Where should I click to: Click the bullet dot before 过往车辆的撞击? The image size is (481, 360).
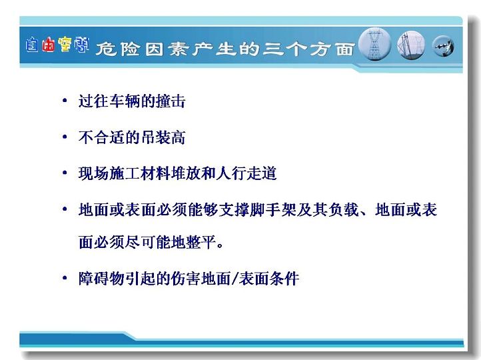pyautogui.click(x=65, y=100)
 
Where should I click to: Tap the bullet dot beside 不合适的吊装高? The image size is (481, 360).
pyautogui.click(x=65, y=137)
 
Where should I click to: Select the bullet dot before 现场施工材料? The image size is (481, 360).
pyautogui.click(x=65, y=173)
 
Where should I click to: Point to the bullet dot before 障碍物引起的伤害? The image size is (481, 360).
pyautogui.click(x=65, y=278)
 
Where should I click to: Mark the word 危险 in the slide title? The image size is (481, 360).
pyautogui.click(x=118, y=49)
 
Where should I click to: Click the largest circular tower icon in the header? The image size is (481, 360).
pyautogui.click(x=374, y=44)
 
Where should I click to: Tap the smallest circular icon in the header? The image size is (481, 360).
pyautogui.click(x=443, y=47)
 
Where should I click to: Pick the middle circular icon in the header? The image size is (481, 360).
pyautogui.click(x=411, y=45)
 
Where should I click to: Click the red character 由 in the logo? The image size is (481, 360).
pyautogui.click(x=49, y=45)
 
